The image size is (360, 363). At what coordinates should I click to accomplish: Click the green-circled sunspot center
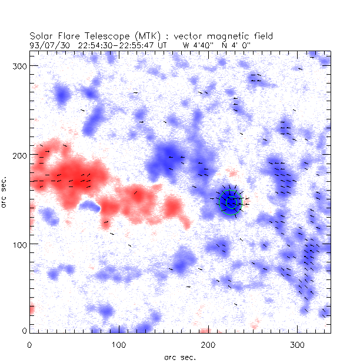point(230,201)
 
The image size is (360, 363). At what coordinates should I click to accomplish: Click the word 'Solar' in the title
point(41,36)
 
